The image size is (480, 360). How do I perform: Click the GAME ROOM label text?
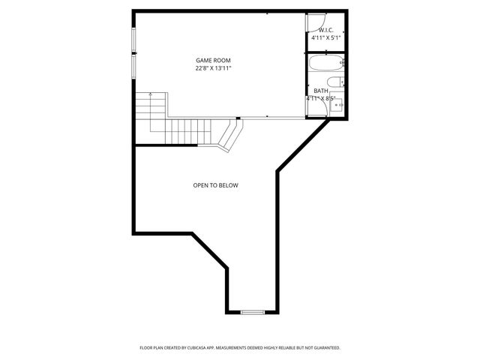pos(213,60)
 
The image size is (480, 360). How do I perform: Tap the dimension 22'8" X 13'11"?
pos(213,68)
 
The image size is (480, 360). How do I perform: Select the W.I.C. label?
pos(326,31)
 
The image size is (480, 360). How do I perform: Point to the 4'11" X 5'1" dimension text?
pos(326,38)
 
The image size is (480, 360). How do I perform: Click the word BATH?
pos(321,91)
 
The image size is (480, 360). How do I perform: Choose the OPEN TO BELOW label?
pos(216,185)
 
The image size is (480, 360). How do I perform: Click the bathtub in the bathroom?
pos(326,63)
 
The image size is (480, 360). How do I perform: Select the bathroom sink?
pos(337,104)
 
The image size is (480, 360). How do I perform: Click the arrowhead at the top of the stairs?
pos(150,94)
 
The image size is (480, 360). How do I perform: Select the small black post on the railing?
pos(238,118)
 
